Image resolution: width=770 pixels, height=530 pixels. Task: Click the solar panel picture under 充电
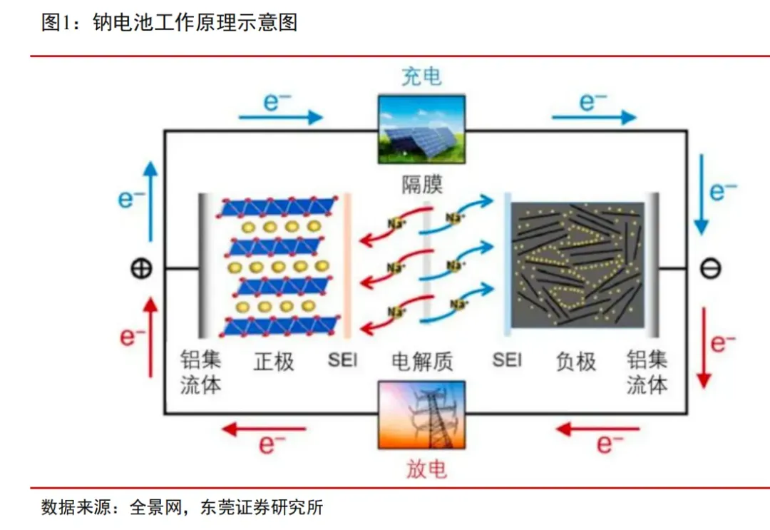[x=421, y=130]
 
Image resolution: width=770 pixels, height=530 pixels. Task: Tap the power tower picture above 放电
[x=421, y=415]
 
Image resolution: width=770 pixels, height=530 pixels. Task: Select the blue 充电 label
[x=421, y=76]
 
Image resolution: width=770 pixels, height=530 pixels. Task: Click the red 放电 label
[x=426, y=469]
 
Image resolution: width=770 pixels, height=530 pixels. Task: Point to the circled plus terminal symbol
[x=141, y=269]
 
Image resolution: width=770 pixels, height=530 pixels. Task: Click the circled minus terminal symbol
[x=710, y=269]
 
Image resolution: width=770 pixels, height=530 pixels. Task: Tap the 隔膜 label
[x=422, y=185]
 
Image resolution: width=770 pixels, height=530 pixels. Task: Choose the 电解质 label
[x=422, y=362]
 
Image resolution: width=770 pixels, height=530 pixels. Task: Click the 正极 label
[x=274, y=362]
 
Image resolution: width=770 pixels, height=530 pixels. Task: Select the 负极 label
[x=576, y=362]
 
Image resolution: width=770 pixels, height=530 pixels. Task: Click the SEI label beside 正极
[x=342, y=360]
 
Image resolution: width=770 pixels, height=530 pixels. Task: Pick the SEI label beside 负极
[x=507, y=360]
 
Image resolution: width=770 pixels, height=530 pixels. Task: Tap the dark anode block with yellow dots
[x=577, y=265]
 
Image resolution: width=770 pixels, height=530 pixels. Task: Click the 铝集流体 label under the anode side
[x=647, y=372]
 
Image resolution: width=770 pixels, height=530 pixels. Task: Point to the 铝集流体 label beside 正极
[x=200, y=372]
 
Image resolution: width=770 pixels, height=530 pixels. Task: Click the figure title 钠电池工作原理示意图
[x=195, y=22]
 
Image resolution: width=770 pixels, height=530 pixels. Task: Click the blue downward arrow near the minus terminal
[x=702, y=195]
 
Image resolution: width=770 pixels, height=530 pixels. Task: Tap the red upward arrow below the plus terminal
[x=150, y=337]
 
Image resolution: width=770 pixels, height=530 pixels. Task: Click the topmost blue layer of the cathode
[x=279, y=208]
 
